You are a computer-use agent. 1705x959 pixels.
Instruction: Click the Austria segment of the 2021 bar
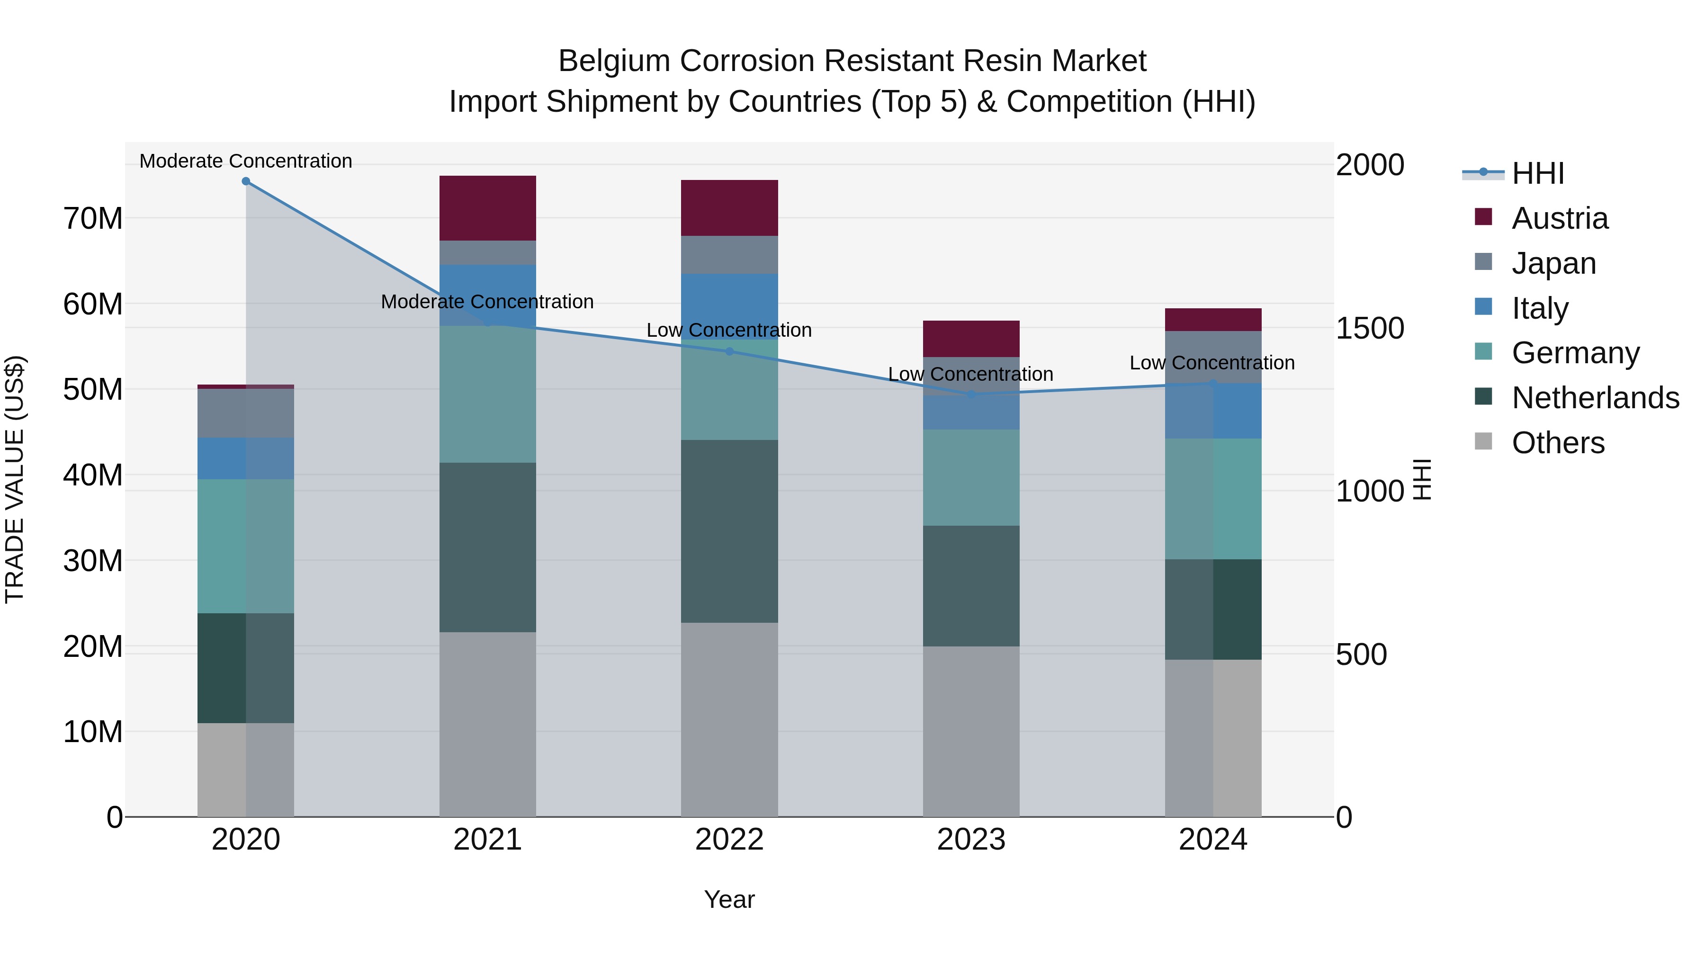(487, 208)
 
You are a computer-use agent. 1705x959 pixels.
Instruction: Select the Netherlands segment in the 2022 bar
(729, 531)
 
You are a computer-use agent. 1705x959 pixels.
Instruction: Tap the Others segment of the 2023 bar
(970, 731)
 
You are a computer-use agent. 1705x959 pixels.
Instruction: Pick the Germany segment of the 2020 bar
(245, 546)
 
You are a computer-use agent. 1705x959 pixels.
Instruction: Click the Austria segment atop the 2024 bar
(1212, 320)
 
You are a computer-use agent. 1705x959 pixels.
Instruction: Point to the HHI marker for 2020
(245, 181)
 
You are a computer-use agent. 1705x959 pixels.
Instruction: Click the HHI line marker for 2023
(971, 394)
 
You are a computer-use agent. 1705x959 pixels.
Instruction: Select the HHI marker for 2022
(729, 351)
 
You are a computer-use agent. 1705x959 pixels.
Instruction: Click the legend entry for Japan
(1553, 263)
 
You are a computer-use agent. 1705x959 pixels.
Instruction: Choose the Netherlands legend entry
(1595, 398)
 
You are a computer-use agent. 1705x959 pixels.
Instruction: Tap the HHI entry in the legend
(1537, 173)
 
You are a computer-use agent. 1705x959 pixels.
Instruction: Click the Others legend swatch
(1483, 441)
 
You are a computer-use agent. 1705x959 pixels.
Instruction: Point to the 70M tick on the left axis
(93, 218)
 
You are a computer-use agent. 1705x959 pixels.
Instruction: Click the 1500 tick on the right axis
(1369, 328)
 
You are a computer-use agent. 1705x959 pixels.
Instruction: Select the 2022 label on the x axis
(729, 840)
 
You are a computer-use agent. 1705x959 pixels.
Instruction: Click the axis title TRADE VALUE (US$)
(15, 479)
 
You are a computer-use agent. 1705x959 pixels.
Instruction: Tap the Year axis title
(729, 899)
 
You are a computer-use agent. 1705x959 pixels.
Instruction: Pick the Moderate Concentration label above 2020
(245, 161)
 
